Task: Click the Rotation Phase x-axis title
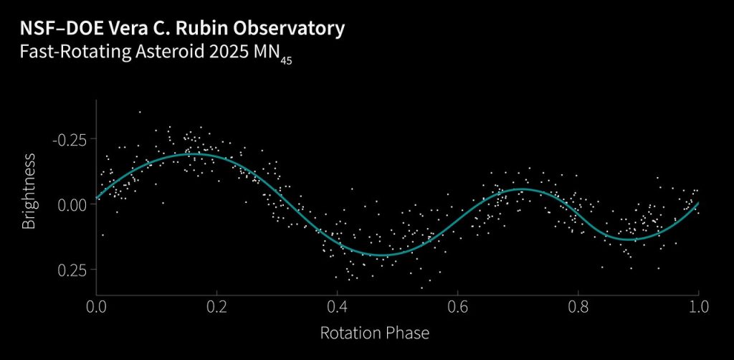coord(375,333)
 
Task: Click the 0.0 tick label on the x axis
coord(96,308)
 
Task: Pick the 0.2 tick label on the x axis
coord(216,308)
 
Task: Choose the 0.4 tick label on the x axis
coord(337,308)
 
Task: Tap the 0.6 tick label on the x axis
coord(457,308)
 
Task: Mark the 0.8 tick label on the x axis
coord(578,308)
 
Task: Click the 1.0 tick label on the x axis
coord(697,308)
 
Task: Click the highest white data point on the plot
coord(140,112)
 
